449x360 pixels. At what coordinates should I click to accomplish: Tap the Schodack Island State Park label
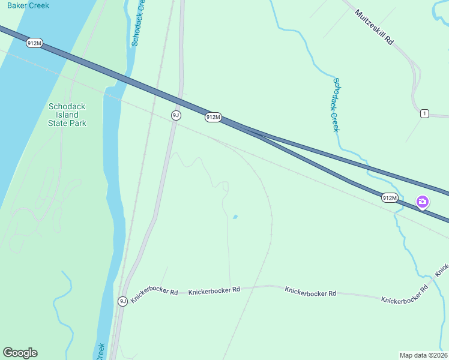(x=67, y=115)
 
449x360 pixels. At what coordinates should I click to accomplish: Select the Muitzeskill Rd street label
(x=373, y=27)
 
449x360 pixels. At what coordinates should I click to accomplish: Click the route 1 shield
(x=424, y=113)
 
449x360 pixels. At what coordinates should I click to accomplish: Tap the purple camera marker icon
(x=423, y=202)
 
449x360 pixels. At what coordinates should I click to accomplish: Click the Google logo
(x=20, y=353)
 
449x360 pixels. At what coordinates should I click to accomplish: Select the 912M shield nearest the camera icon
(x=390, y=197)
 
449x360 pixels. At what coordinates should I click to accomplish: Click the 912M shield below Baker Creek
(x=34, y=43)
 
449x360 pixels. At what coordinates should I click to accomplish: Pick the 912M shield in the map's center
(x=213, y=117)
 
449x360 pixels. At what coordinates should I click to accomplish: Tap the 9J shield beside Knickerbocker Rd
(x=122, y=301)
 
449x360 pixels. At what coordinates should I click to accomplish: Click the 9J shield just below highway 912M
(x=175, y=115)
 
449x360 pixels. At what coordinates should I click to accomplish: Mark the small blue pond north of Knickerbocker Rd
(x=235, y=217)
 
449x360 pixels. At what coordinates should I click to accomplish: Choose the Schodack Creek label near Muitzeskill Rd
(x=336, y=105)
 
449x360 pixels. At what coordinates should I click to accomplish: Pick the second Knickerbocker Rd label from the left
(x=214, y=290)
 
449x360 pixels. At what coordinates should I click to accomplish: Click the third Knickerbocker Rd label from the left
(x=310, y=292)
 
